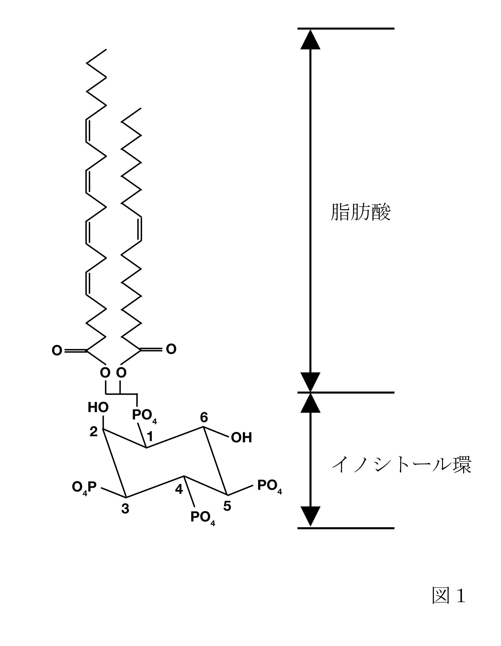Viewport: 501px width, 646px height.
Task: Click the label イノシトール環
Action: point(401,465)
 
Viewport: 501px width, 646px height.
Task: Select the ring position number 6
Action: point(204,417)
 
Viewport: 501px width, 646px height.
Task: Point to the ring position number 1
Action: point(150,436)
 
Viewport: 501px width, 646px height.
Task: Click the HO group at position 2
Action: point(98,408)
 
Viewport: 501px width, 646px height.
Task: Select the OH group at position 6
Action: point(241,438)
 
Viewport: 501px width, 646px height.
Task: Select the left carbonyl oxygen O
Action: point(57,351)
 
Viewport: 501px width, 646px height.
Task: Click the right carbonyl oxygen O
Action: point(171,349)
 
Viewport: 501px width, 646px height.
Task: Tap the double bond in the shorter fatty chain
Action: point(140,229)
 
